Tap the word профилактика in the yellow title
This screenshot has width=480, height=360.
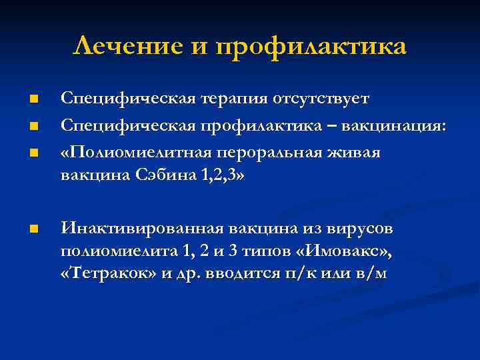click(x=311, y=47)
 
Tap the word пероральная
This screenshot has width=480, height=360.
click(x=269, y=153)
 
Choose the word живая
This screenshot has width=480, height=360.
click(x=356, y=153)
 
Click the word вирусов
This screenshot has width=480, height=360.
click(x=362, y=229)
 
